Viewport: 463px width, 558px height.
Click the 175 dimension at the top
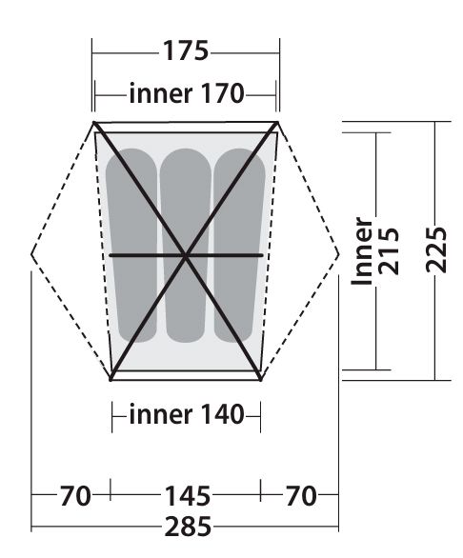186,50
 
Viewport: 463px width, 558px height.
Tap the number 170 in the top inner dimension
222,93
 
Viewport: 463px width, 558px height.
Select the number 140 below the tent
222,414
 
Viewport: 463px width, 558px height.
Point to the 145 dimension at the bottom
188,495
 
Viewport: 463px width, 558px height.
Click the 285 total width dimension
188,527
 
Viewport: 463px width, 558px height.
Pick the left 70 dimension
75,495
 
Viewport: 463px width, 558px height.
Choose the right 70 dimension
301,495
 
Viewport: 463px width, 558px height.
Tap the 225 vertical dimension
436,249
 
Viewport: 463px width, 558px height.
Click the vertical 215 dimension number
388,250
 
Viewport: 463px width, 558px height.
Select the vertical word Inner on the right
362,250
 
